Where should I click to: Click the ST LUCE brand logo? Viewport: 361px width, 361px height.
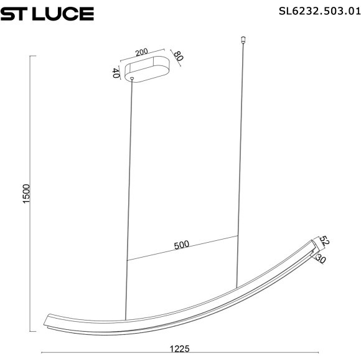pyautogui.click(x=47, y=13)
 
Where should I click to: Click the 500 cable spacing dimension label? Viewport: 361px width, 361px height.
pyautogui.click(x=181, y=245)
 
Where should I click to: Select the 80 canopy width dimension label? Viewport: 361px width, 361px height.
pyautogui.click(x=179, y=57)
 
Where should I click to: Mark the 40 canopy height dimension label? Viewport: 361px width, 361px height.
pyautogui.click(x=116, y=73)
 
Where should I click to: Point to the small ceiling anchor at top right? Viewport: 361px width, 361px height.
pyautogui.click(x=243, y=42)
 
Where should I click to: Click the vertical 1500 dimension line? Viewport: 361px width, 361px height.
pyautogui.click(x=32, y=194)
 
